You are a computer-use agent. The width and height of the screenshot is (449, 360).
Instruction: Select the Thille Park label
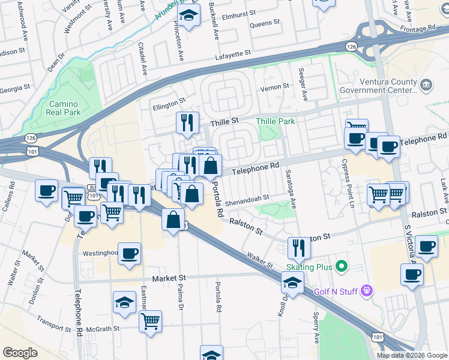276,121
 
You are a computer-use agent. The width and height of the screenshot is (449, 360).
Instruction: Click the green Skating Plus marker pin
342,265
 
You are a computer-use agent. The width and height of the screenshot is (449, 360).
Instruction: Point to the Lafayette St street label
234,55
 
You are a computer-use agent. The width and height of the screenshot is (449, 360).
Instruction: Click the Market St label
169,278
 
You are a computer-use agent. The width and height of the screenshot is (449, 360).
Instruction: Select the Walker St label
260,260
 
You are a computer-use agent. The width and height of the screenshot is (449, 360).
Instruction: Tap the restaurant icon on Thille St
187,122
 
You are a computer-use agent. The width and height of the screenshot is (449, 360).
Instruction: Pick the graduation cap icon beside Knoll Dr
293,283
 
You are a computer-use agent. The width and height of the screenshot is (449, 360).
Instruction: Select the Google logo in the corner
20,353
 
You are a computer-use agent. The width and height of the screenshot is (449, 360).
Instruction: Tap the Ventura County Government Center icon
426,85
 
